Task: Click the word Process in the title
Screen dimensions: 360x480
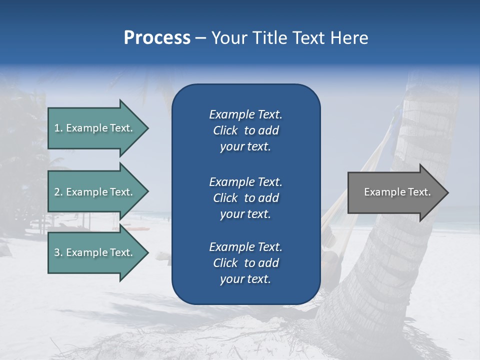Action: point(157,38)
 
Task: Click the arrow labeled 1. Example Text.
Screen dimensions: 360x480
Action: point(95,128)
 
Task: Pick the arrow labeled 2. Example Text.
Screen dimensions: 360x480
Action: point(95,192)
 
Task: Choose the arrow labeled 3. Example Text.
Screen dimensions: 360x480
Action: point(95,252)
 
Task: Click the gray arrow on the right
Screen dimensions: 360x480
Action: point(395,192)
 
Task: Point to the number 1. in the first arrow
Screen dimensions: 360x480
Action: point(58,128)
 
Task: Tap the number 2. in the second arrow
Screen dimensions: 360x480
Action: point(58,192)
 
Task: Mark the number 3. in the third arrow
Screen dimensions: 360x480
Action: point(58,252)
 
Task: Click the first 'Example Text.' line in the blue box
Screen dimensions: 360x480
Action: point(245,114)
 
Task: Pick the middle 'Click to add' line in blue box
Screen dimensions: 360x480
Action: point(245,198)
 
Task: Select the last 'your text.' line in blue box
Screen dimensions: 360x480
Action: point(245,279)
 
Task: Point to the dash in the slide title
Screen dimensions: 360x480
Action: point(201,38)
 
